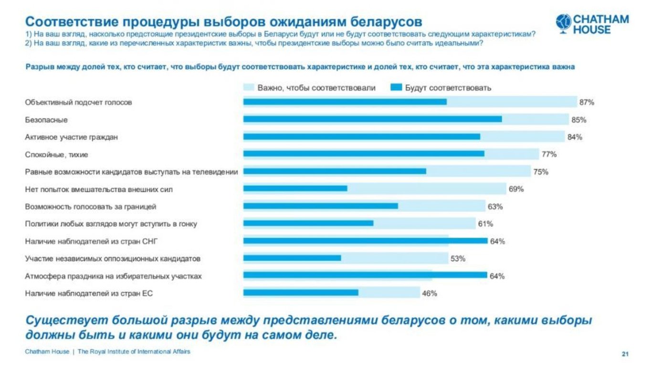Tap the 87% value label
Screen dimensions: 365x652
coord(587,102)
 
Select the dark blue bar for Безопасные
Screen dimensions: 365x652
coord(372,119)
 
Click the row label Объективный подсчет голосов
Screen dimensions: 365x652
coord(78,102)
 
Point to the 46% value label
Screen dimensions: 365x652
coord(429,293)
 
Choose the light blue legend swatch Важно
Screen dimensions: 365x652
coord(249,87)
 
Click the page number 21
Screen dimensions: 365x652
coord(625,354)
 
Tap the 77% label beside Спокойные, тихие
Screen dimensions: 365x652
coord(549,154)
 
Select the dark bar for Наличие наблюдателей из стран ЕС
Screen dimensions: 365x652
coord(301,293)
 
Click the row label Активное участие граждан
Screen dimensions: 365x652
coord(71,137)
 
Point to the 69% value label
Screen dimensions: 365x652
coord(516,189)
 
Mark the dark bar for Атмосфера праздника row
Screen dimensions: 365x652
coord(365,275)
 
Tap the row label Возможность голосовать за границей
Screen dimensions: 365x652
coord(91,207)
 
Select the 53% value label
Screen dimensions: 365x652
coord(457,258)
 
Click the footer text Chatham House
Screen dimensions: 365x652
coord(47,352)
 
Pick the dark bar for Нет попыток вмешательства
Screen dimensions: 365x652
coord(295,189)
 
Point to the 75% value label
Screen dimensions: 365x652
coord(540,172)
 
